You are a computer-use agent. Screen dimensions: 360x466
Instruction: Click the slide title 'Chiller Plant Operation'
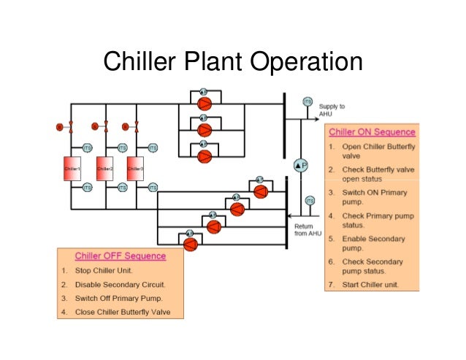pos(232,62)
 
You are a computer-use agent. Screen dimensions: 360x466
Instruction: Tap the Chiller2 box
pos(105,168)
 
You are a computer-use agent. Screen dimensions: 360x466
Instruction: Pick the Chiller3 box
pos(135,168)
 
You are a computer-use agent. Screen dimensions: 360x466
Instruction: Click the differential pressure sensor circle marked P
pos(301,166)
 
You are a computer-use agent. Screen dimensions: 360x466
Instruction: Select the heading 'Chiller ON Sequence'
pos(372,132)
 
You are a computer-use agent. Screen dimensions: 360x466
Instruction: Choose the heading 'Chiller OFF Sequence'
pos(120,256)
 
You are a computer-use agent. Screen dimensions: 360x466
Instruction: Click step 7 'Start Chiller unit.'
pos(370,284)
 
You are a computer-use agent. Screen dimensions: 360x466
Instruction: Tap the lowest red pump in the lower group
pos(190,245)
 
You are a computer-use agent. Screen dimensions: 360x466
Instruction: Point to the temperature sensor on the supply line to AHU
pos(308,102)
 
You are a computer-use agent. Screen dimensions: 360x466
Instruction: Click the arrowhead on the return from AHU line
pos(289,216)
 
